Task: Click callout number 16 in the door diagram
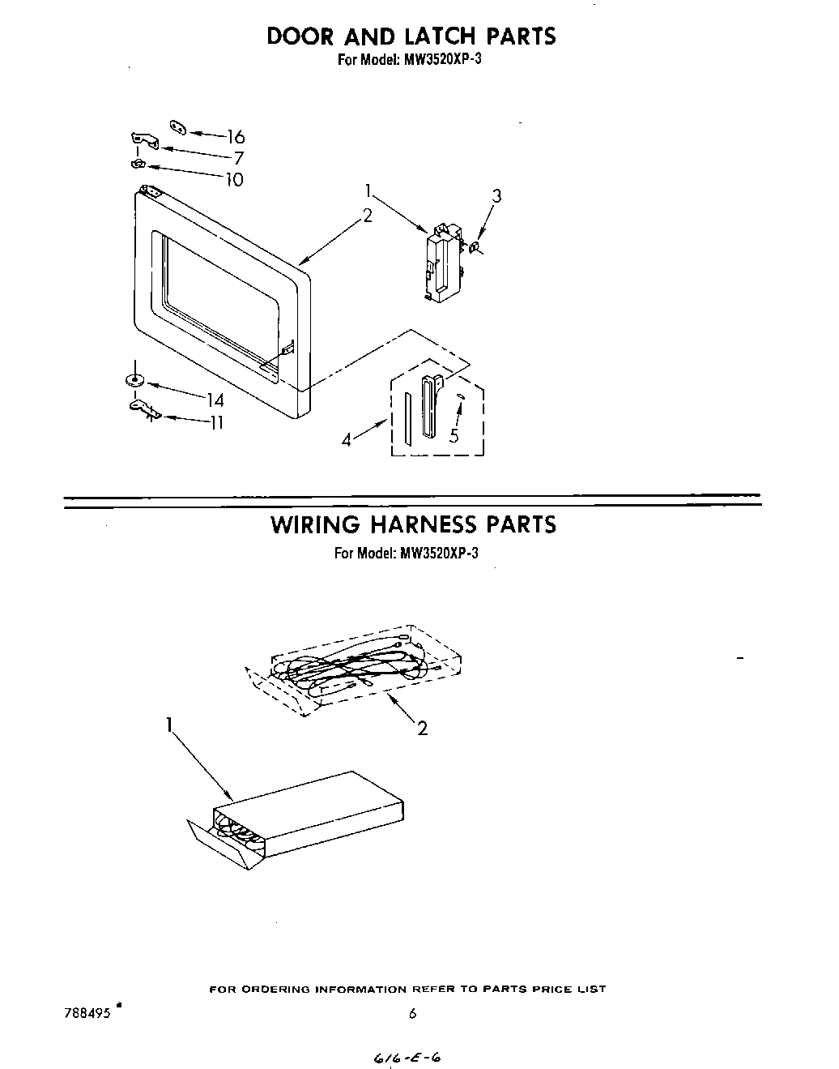235,137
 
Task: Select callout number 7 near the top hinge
239,159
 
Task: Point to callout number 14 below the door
215,400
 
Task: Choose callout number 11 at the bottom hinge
216,422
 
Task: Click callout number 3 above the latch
496,195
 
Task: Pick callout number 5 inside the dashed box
454,435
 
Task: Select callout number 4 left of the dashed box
347,440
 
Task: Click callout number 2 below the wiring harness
422,729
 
